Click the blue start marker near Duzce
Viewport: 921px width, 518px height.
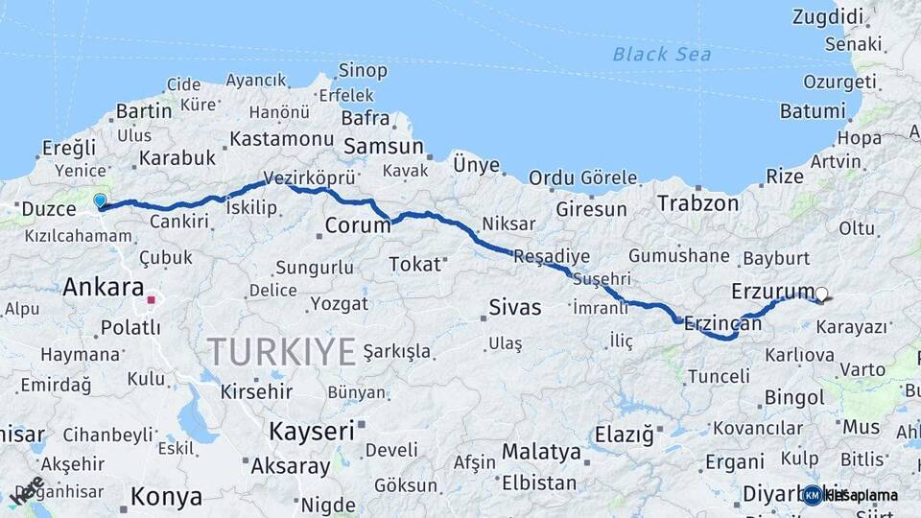point(100,200)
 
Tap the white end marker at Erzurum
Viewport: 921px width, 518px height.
point(821,294)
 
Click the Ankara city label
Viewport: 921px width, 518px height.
point(103,287)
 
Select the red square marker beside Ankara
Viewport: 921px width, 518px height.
point(151,299)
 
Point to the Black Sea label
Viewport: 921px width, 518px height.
point(662,54)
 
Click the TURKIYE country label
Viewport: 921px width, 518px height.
point(281,351)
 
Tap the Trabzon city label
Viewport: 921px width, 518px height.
point(697,203)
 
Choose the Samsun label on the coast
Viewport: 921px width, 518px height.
point(383,147)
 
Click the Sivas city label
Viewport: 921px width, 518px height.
point(515,308)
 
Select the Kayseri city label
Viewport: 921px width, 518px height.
point(311,431)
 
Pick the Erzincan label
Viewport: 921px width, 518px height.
point(723,324)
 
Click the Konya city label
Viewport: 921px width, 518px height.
point(166,497)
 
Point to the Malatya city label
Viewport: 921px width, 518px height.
point(541,451)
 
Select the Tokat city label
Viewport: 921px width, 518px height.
point(414,263)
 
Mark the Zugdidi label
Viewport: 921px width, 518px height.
point(829,16)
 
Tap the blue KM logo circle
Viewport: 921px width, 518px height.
point(813,495)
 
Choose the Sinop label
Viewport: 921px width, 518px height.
point(363,71)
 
